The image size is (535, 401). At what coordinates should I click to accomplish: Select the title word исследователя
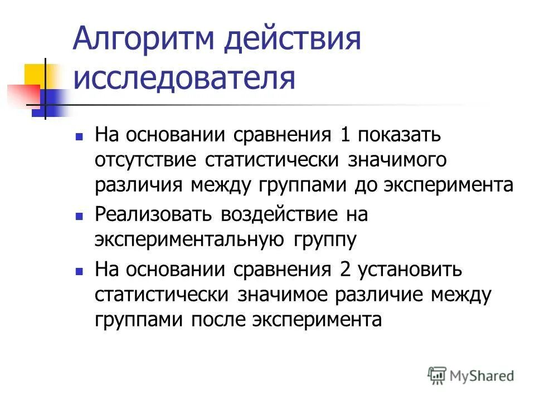click(184, 78)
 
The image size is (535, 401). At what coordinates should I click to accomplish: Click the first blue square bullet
click(80, 135)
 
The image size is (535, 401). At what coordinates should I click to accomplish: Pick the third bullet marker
click(80, 271)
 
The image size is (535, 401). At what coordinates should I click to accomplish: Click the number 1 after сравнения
click(344, 135)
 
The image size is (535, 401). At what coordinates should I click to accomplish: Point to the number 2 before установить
click(344, 270)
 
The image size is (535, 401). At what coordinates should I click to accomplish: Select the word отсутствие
click(145, 160)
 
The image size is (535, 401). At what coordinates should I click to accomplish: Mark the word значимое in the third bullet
click(286, 295)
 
